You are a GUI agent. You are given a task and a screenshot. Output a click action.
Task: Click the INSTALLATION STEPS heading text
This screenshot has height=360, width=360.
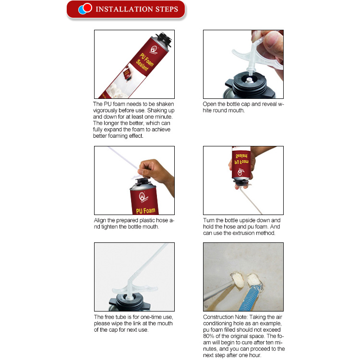pos(137,9)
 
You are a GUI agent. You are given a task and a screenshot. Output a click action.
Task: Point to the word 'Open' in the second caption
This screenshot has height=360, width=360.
pos(211,104)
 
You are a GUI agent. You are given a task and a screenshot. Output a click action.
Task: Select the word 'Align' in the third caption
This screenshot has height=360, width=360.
pos(102,220)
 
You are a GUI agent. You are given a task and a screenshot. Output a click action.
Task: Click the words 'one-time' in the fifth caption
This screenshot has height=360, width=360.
pos(149,317)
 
